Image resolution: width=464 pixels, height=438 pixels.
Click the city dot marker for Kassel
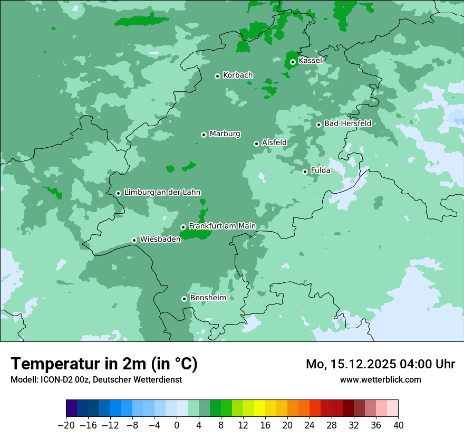pos(293,62)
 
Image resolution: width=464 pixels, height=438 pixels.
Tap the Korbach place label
pos(238,75)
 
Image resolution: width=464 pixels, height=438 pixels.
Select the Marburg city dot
pos(204,135)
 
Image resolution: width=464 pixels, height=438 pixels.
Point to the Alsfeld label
pos(274,142)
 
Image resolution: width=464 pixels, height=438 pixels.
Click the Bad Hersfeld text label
pos(347,123)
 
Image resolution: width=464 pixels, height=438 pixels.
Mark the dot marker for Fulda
pos(305,172)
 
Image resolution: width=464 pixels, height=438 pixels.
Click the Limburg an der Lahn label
pos(162,193)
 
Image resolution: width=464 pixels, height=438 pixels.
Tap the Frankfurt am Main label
pos(222,226)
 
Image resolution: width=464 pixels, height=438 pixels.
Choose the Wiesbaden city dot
pos(134,240)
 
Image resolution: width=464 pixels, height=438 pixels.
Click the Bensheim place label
pos(208,298)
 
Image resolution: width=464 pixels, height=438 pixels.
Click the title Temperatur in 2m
pos(104,364)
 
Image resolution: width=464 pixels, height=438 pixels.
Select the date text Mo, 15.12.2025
pos(351,364)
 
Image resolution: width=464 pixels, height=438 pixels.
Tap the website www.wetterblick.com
pos(380,379)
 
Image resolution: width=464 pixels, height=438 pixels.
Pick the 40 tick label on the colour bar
pos(398,425)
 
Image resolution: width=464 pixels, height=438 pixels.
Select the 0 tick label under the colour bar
pos(177,425)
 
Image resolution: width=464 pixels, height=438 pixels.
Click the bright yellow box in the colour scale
pos(259,408)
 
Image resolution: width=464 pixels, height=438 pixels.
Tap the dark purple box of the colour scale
pos(72,408)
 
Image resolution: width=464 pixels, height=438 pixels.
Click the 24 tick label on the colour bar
pos(310,425)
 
